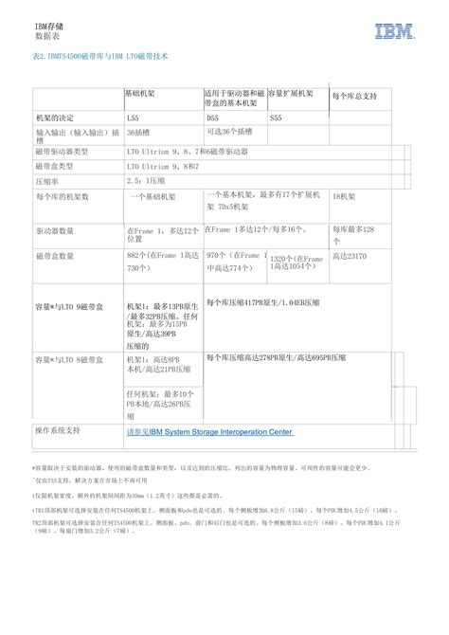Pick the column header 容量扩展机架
(x=291, y=94)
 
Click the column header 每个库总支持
(x=355, y=97)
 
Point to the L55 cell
(x=133, y=118)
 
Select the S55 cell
(x=276, y=118)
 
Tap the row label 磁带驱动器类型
(x=62, y=151)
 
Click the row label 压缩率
(x=47, y=179)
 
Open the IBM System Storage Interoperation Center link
(x=208, y=431)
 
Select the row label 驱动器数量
(x=54, y=230)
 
